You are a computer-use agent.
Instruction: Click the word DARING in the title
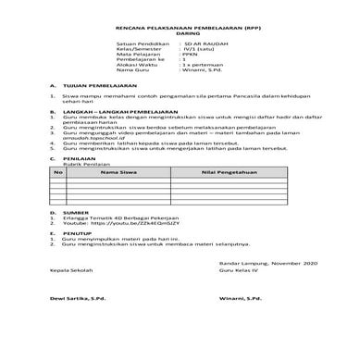[x=179, y=31]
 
